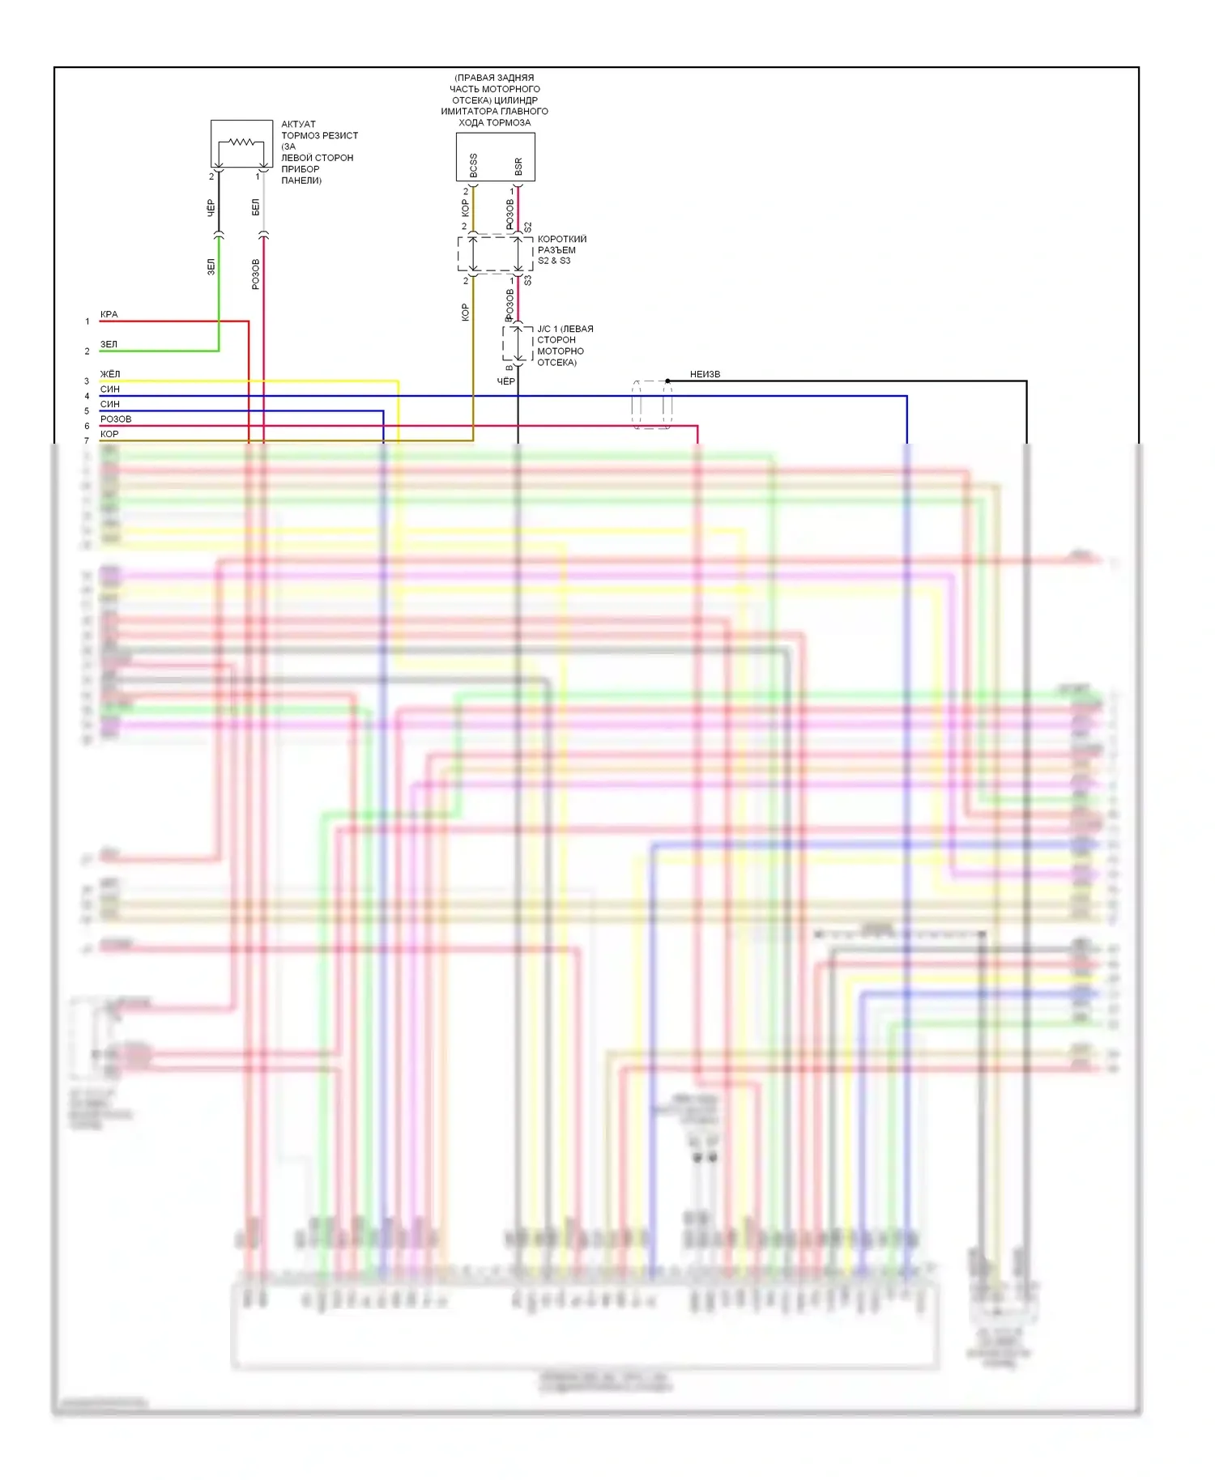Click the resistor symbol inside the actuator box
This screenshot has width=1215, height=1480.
(x=241, y=142)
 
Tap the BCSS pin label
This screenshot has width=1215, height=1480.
(x=474, y=165)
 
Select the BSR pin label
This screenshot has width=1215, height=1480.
(x=518, y=166)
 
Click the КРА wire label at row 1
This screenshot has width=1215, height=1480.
(x=109, y=314)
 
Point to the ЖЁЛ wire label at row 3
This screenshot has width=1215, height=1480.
(x=110, y=374)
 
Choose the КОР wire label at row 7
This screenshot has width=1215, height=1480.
(x=109, y=434)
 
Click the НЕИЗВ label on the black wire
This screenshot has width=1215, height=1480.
(x=705, y=374)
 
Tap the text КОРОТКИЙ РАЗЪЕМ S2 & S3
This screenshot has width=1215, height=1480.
(x=561, y=249)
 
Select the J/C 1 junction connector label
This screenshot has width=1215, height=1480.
(x=565, y=345)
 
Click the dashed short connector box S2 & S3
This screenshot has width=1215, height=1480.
(x=495, y=254)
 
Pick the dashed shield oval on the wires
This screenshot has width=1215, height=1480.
(x=651, y=404)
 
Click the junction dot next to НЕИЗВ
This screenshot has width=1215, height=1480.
(x=667, y=381)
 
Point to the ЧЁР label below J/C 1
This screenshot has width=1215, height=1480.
(x=505, y=381)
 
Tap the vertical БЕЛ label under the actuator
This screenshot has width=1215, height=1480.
(x=256, y=207)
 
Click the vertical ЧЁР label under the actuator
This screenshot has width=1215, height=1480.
(x=211, y=207)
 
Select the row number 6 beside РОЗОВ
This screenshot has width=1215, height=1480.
(x=87, y=426)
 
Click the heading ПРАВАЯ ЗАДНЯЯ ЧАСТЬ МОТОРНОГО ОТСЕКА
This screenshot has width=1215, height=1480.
(x=494, y=100)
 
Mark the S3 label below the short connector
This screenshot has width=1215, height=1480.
(x=527, y=280)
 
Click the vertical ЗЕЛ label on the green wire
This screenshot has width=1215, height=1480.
(x=211, y=266)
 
